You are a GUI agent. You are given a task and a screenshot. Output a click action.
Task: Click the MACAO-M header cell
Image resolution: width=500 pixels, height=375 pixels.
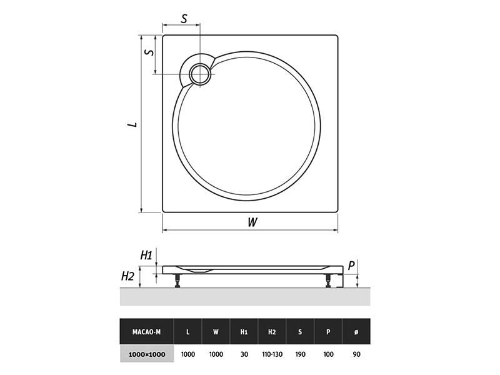click(x=147, y=332)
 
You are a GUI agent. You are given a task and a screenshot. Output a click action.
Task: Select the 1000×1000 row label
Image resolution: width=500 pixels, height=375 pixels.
click(x=147, y=354)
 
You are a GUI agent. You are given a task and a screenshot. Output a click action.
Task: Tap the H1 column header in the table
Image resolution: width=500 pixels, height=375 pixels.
click(x=244, y=332)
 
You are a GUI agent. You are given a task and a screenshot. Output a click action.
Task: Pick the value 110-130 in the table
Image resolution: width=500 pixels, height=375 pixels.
click(x=272, y=354)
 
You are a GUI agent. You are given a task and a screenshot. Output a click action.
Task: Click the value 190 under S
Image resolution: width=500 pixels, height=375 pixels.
click(x=300, y=354)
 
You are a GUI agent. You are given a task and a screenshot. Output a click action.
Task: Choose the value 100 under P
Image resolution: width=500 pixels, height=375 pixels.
click(x=328, y=354)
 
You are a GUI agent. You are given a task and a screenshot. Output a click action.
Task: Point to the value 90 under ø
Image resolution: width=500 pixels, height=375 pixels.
click(x=356, y=354)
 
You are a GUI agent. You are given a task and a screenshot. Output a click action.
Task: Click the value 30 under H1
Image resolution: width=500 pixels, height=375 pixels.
click(x=244, y=354)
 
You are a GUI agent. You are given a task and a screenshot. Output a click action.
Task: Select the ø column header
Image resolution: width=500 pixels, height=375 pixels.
click(x=356, y=332)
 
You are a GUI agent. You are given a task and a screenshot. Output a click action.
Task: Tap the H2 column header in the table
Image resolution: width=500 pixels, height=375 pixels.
click(x=272, y=332)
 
